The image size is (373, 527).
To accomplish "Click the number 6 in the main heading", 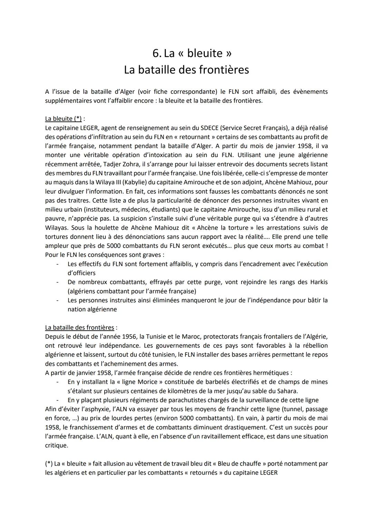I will (x=156, y=53).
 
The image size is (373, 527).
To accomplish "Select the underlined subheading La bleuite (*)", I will (x=64, y=119).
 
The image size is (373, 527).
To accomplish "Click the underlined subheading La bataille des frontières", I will (x=79, y=327).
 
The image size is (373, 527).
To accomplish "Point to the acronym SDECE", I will (x=210, y=128).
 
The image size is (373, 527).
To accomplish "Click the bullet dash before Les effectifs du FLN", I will (x=58, y=264).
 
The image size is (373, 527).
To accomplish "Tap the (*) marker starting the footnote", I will (x=49, y=463).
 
